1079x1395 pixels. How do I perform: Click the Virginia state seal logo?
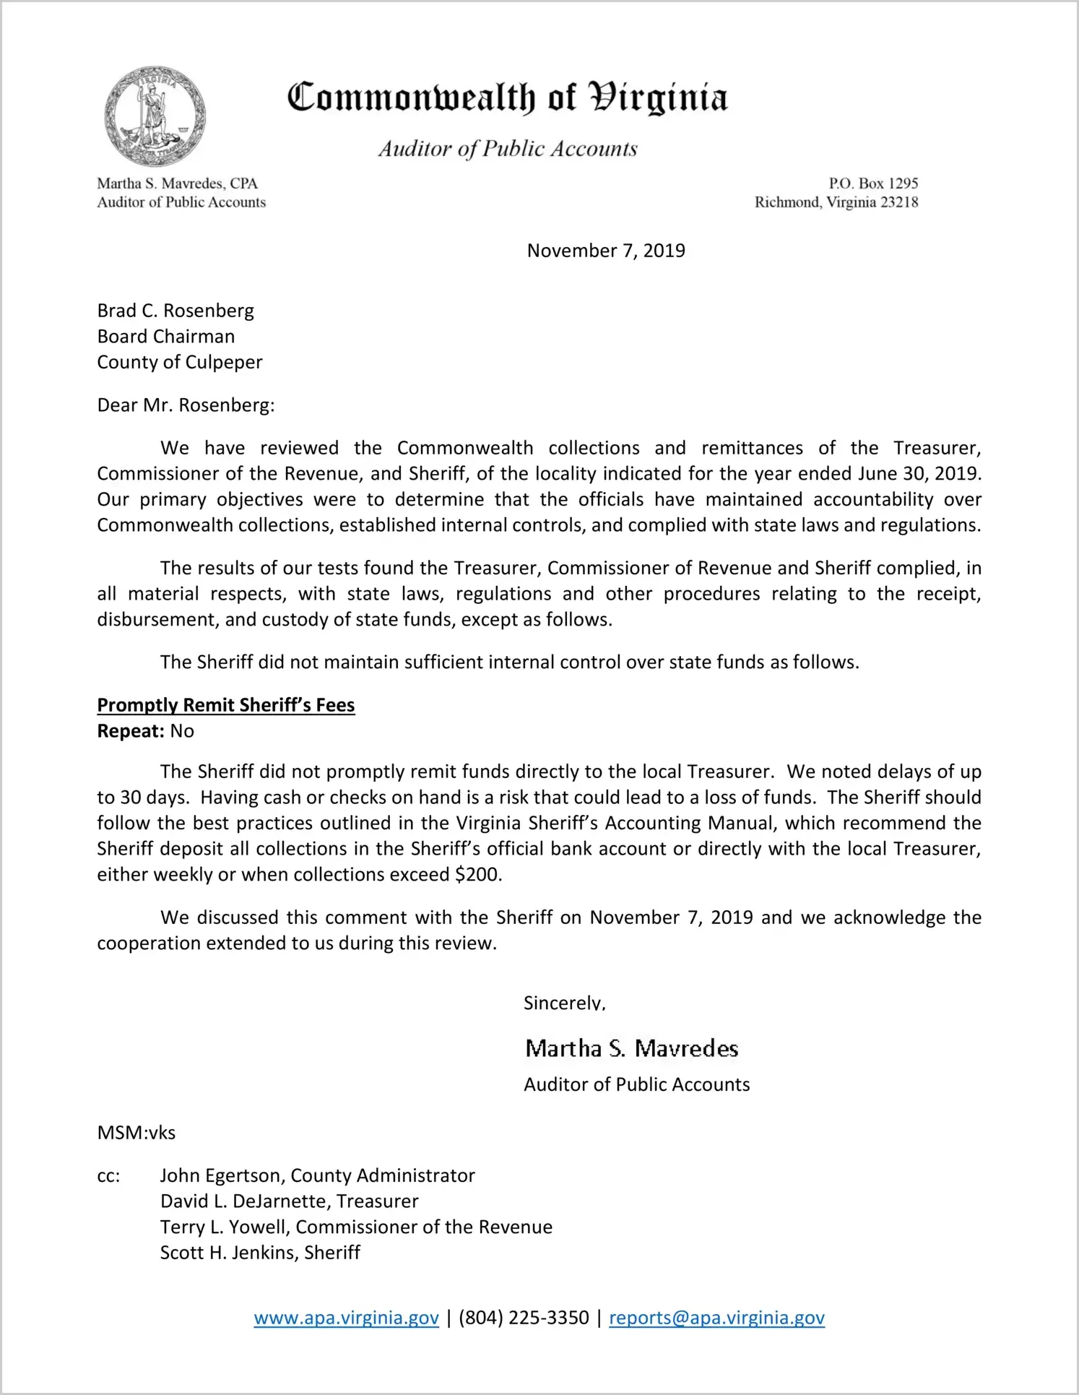tap(154, 116)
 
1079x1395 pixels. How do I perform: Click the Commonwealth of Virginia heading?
tap(507, 98)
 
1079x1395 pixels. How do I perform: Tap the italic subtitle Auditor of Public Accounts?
tap(508, 149)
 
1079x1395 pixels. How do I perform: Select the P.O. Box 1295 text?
tap(872, 183)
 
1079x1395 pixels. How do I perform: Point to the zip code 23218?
tap(899, 202)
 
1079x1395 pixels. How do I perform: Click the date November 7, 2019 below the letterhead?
tap(605, 251)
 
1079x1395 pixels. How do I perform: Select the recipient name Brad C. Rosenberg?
tap(175, 311)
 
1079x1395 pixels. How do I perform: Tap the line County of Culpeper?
tap(180, 362)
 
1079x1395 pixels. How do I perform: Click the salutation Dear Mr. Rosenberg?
tap(186, 405)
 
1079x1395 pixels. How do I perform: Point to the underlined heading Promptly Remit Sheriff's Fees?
tap(226, 705)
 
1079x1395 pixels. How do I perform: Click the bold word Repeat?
tap(131, 731)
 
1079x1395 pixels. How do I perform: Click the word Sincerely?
tap(564, 1003)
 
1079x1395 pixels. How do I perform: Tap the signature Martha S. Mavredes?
tap(631, 1048)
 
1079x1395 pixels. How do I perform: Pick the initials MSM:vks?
tap(136, 1133)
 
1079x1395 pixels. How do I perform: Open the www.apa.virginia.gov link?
tap(346, 1318)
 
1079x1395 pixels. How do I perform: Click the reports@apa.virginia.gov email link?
tap(716, 1318)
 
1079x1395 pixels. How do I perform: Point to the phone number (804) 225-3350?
tap(524, 1318)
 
